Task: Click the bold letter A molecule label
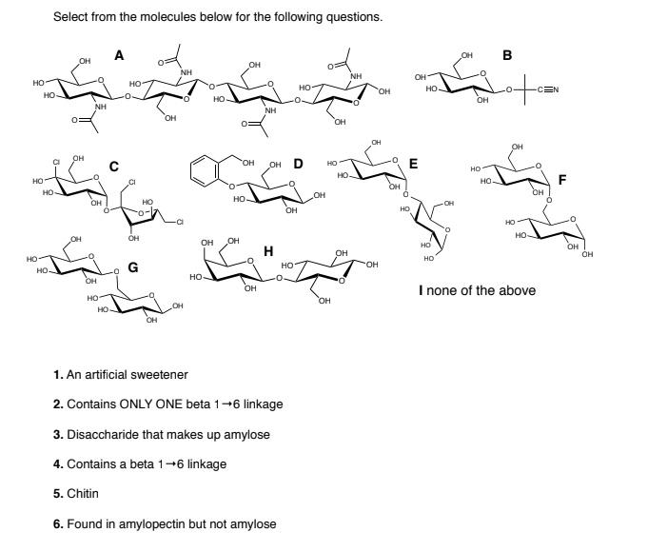[x=119, y=55]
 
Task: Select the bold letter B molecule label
[x=507, y=55]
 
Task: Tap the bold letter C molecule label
[x=113, y=167]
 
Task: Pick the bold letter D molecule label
[x=298, y=164]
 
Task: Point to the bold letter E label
[x=413, y=164]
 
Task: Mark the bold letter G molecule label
[x=133, y=267]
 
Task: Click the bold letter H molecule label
[x=268, y=251]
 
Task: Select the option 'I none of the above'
[x=477, y=290]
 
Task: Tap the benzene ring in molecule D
[x=205, y=172]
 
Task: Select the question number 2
[x=58, y=404]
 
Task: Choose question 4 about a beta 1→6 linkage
[x=146, y=463]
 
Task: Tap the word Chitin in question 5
[x=82, y=494]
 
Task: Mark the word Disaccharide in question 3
[x=99, y=434]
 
